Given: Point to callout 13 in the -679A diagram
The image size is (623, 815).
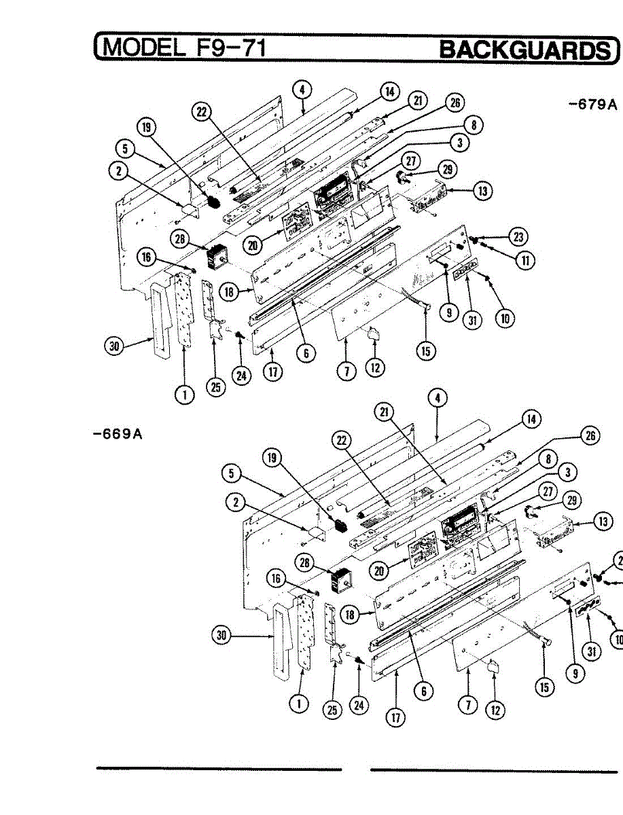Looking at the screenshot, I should pyautogui.click(x=482, y=192).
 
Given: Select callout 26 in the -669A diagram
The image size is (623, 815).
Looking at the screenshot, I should pyautogui.click(x=591, y=436).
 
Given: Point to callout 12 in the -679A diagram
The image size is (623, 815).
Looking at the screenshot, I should pyautogui.click(x=374, y=368).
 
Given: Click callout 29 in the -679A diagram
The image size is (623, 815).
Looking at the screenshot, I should pyautogui.click(x=448, y=169).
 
